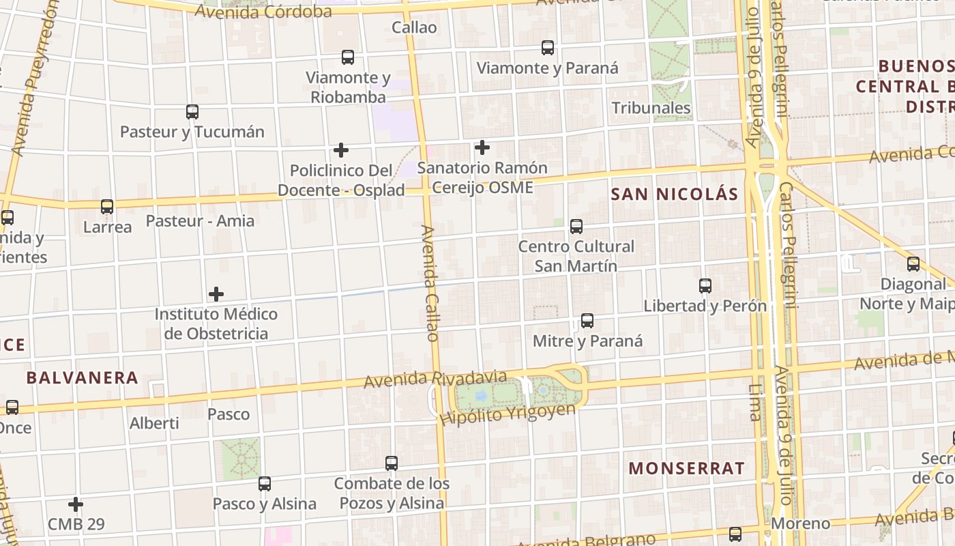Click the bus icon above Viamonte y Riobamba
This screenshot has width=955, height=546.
tap(348, 57)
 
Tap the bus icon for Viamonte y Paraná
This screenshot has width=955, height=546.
tap(548, 48)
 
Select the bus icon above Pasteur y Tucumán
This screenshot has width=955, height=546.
tap(192, 112)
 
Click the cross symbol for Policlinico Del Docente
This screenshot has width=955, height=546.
tap(341, 150)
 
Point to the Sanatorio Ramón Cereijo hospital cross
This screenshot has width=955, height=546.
tap(482, 147)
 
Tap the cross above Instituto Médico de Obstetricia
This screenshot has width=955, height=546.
tap(216, 294)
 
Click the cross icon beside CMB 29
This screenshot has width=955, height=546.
tap(76, 504)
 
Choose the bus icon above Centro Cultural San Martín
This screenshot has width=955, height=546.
tap(576, 227)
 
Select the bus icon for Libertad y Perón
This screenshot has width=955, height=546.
tap(705, 286)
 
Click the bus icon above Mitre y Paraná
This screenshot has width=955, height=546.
tap(587, 321)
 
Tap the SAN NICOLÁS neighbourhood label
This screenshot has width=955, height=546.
tap(674, 195)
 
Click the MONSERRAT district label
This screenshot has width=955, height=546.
tap(686, 468)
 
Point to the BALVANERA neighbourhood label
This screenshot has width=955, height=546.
tap(82, 377)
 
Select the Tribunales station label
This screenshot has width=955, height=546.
tap(651, 108)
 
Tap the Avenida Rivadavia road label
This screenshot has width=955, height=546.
tap(435, 379)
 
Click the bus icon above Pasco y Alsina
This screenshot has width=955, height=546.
tap(265, 484)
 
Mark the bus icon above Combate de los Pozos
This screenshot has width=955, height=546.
tap(392, 463)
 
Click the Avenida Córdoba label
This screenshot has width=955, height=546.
tap(263, 11)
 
